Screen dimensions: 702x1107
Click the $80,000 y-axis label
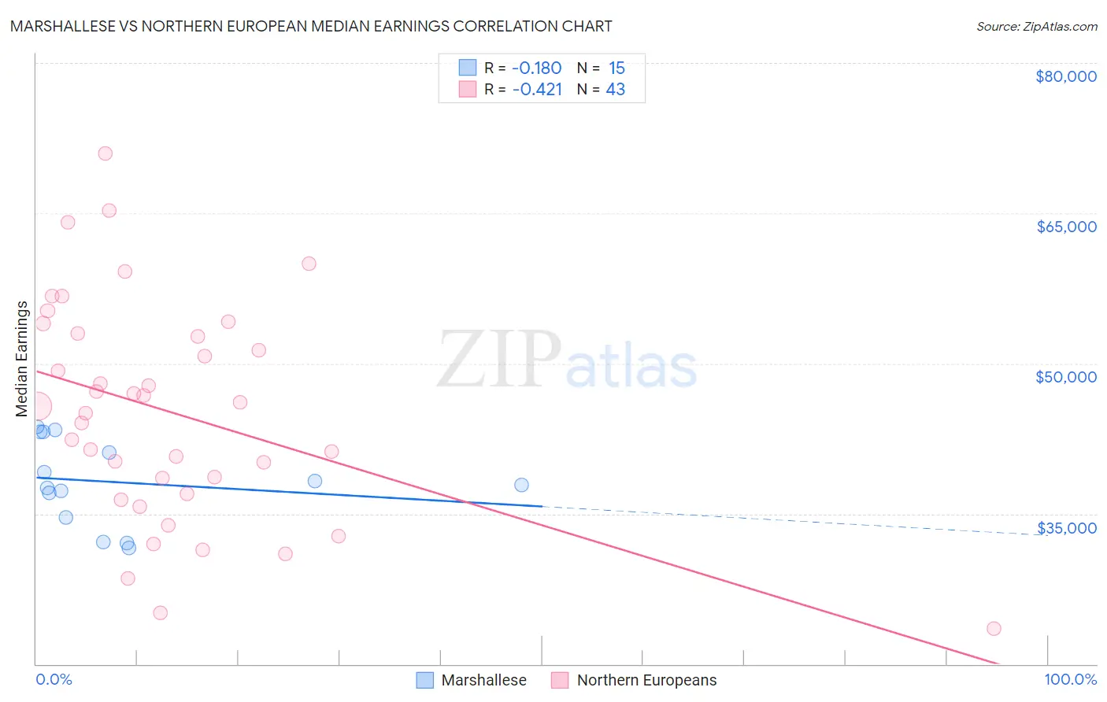coord(1065,76)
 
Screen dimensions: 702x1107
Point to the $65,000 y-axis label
coord(1065,227)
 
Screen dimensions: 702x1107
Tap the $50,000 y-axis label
coord(1065,377)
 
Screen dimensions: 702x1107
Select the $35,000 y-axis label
coord(1066,528)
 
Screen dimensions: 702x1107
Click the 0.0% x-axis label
coord(54,679)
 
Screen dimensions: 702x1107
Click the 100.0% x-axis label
coord(1070,679)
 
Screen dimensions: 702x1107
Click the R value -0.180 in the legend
coord(536,68)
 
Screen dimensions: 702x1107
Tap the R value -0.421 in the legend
coord(536,90)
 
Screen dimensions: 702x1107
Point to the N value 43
coord(615,90)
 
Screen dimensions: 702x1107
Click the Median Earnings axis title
coord(22,359)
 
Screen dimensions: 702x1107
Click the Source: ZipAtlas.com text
coord(1036,27)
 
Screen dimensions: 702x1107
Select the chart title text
coord(311,26)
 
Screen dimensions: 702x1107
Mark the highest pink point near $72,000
coord(105,153)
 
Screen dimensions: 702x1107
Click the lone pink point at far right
coord(994,628)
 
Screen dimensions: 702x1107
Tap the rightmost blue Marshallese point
coord(521,485)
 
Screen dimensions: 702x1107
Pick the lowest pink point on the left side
coord(161,612)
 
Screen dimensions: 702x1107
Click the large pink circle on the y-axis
coord(37,406)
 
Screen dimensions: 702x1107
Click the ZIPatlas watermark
coord(567,360)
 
